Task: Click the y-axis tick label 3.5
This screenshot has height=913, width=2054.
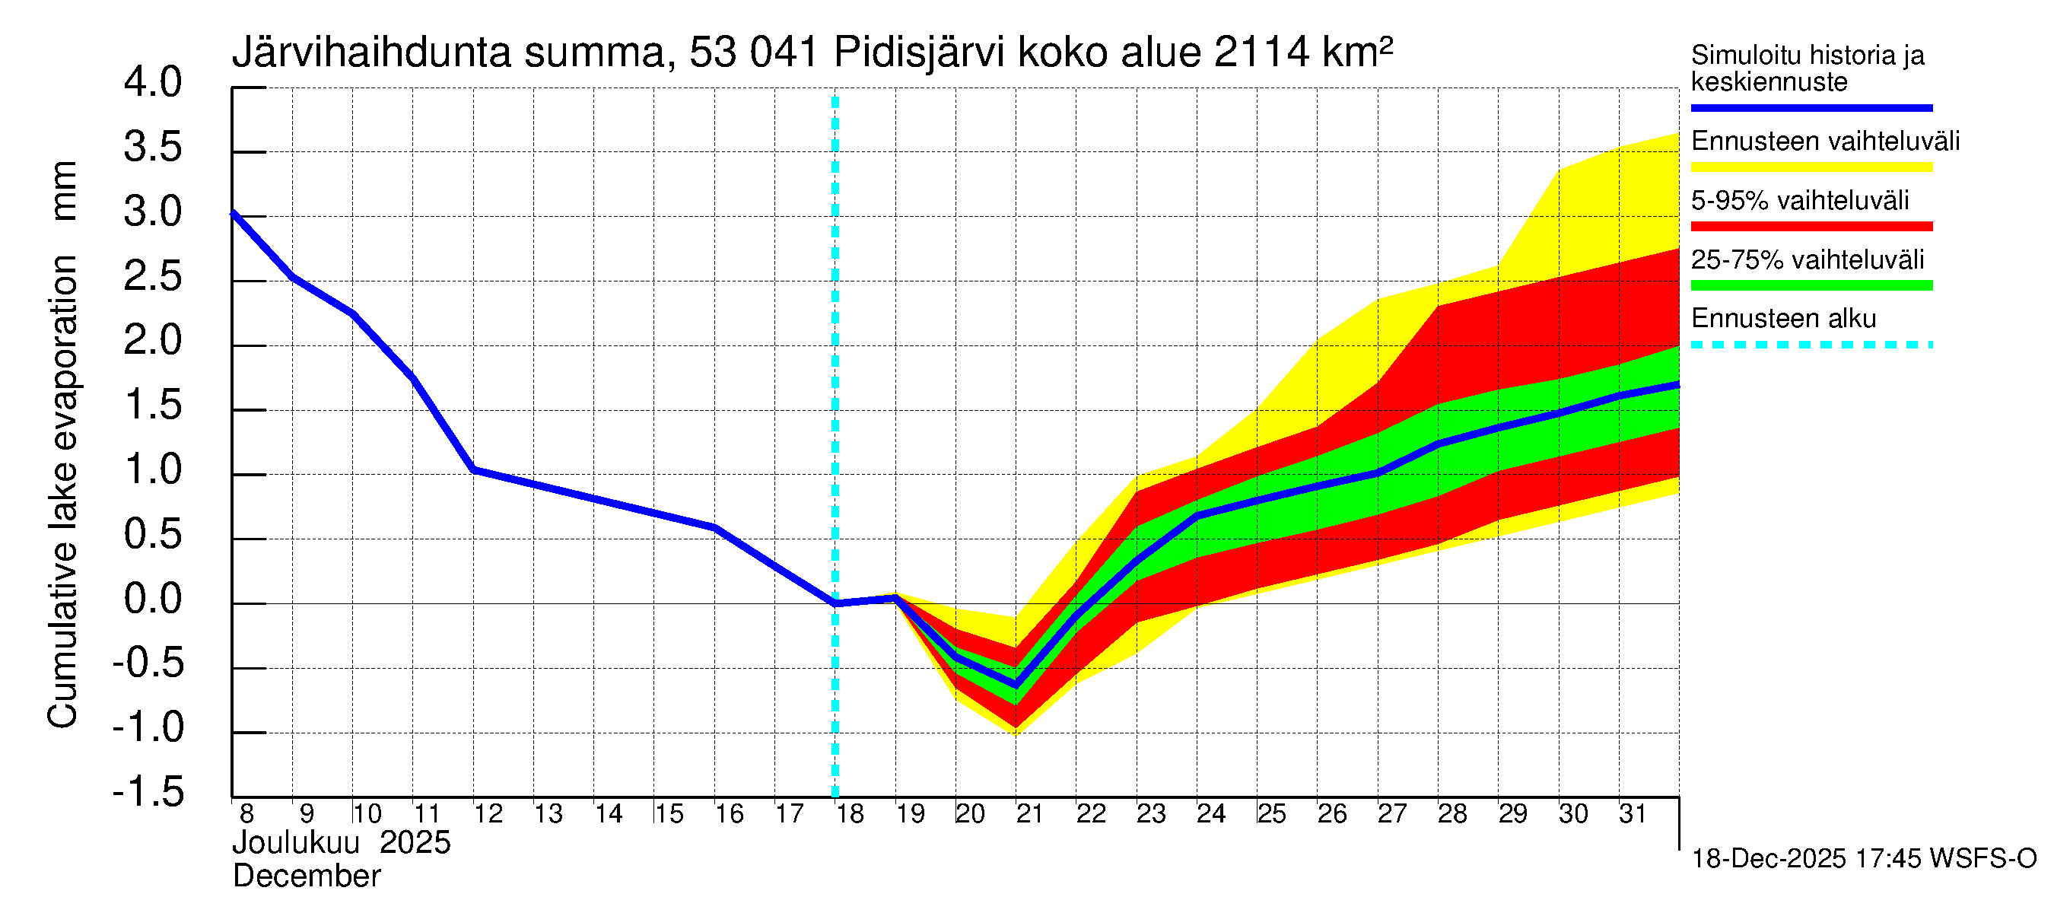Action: [x=152, y=148]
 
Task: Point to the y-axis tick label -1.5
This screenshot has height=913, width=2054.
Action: [x=148, y=793]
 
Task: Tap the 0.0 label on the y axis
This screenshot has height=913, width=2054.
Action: [x=152, y=600]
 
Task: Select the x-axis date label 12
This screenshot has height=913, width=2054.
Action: [x=488, y=814]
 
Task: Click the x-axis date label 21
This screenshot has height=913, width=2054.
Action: [x=1029, y=814]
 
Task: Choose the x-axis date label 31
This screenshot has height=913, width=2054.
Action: [x=1633, y=814]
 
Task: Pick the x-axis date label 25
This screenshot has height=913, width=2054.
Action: [x=1271, y=814]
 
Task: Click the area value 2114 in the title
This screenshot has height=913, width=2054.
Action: [x=1261, y=53]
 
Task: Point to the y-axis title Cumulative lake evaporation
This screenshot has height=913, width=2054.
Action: [x=62, y=491]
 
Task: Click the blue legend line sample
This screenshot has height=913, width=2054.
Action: [x=1811, y=107]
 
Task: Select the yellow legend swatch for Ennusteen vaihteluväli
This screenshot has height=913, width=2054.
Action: [x=1811, y=167]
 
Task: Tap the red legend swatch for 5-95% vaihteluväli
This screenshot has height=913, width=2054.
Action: [x=1811, y=227]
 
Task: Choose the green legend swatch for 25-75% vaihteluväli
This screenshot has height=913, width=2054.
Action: [x=1811, y=285]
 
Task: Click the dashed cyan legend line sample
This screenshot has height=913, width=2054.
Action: [x=1811, y=345]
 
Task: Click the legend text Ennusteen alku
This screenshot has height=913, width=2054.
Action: [x=1783, y=319]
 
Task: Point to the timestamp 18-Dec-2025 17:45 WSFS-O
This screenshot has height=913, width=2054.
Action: [x=1863, y=860]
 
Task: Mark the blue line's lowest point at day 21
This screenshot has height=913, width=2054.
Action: [x=1016, y=685]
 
